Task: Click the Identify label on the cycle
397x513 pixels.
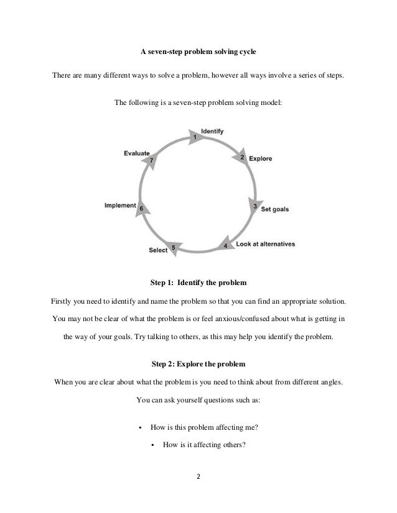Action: [x=212, y=132]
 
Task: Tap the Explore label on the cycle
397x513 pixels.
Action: [x=260, y=159]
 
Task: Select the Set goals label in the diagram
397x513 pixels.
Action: [x=274, y=209]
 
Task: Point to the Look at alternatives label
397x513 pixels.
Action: [x=265, y=243]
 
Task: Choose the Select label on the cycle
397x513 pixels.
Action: [x=158, y=250]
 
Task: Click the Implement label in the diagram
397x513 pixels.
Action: [x=120, y=206]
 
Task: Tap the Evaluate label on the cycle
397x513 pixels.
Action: [x=136, y=153]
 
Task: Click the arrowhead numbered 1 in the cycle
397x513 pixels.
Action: [x=195, y=135]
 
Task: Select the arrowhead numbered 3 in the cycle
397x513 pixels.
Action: [x=254, y=206]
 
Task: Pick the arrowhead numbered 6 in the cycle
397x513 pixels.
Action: [x=142, y=208]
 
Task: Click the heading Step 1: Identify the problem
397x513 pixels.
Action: [x=198, y=283]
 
